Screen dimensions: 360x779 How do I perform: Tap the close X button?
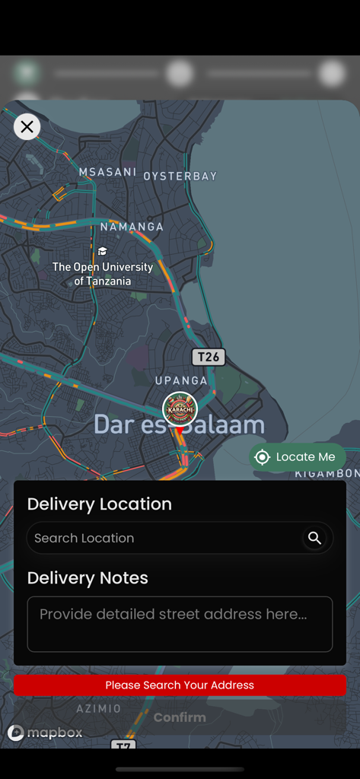click(27, 127)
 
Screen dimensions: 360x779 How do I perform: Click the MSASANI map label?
click(107, 172)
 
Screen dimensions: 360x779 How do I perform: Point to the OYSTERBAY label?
click(180, 176)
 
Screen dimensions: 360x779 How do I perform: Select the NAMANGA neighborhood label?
click(132, 227)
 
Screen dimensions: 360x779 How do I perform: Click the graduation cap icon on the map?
click(102, 251)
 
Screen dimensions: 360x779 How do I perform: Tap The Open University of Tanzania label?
click(103, 274)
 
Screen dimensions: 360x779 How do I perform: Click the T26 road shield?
click(208, 357)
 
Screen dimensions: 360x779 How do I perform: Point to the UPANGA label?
click(181, 380)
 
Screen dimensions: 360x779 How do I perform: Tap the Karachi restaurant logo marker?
click(180, 409)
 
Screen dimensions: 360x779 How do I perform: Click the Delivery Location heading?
click(100, 504)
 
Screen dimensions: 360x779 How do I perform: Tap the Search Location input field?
click(164, 538)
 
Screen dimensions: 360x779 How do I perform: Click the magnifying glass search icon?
click(314, 538)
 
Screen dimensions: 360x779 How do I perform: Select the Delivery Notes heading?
click(88, 578)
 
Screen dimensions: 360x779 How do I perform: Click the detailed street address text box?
click(180, 624)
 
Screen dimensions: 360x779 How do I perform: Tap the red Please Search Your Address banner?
click(180, 685)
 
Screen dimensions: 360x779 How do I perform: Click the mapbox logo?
click(45, 733)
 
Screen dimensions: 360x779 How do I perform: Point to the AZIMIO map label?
click(99, 708)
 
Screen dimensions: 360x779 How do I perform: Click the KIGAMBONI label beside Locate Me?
click(327, 474)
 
